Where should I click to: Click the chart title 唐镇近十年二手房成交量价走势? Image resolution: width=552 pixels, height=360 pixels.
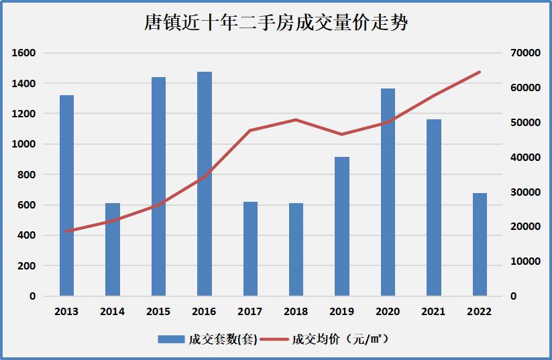(276, 23)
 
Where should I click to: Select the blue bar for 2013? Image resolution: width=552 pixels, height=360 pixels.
(66, 195)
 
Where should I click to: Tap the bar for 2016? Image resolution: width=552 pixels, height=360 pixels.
(205, 184)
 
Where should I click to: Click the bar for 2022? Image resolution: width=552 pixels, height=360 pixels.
(480, 244)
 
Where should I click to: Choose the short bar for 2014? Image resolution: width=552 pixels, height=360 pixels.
(113, 249)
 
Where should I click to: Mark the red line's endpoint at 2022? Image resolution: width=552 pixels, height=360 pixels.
(480, 72)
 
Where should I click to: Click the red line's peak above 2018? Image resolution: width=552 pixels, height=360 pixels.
(296, 120)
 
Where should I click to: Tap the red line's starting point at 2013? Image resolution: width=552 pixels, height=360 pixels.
(66, 231)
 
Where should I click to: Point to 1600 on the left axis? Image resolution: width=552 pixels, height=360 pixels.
(23, 53)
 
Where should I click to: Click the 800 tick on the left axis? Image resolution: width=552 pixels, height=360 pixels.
(27, 174)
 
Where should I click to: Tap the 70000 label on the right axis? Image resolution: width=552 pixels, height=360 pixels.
(526, 53)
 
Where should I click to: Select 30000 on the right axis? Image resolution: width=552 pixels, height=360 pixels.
(526, 192)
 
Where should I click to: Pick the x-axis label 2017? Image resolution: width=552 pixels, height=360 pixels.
(250, 312)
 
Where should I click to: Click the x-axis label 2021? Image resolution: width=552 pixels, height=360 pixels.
(433, 312)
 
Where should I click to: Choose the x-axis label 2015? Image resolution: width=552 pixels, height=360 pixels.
(158, 312)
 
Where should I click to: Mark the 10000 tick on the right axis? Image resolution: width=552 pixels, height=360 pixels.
(526, 261)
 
